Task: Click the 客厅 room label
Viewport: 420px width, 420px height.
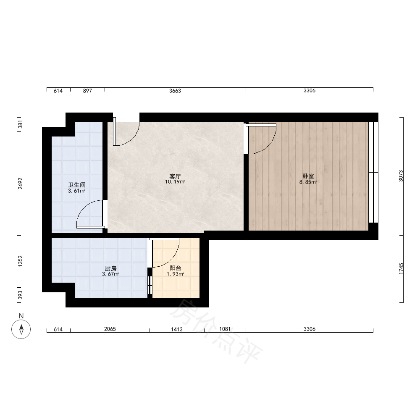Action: pyautogui.click(x=175, y=176)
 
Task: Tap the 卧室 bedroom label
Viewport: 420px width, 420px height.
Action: pyautogui.click(x=308, y=176)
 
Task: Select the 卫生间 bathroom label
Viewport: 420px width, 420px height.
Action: pyautogui.click(x=76, y=185)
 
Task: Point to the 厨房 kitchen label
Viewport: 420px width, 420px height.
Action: pyautogui.click(x=110, y=268)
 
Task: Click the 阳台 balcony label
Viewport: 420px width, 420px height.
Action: pyautogui.click(x=176, y=268)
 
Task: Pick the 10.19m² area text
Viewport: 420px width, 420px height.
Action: pyautogui.click(x=175, y=182)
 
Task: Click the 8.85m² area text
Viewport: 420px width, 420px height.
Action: pyautogui.click(x=308, y=182)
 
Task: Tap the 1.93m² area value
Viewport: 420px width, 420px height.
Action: pyautogui.click(x=176, y=274)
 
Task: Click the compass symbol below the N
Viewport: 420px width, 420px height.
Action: pyautogui.click(x=21, y=329)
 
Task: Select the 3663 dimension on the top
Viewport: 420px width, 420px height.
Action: pyautogui.click(x=175, y=91)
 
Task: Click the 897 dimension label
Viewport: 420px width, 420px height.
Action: pyautogui.click(x=87, y=91)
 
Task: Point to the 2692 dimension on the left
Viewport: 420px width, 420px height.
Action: pyautogui.click(x=20, y=184)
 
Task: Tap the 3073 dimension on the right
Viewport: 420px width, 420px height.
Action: pyautogui.click(x=401, y=176)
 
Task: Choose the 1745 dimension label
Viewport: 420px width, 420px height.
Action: pyautogui.click(x=401, y=269)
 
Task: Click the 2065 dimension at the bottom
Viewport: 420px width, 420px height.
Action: pyautogui.click(x=110, y=329)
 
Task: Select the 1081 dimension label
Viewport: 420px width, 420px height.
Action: pyautogui.click(x=225, y=329)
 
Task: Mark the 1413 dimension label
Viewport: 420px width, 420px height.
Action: pyautogui.click(x=177, y=329)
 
